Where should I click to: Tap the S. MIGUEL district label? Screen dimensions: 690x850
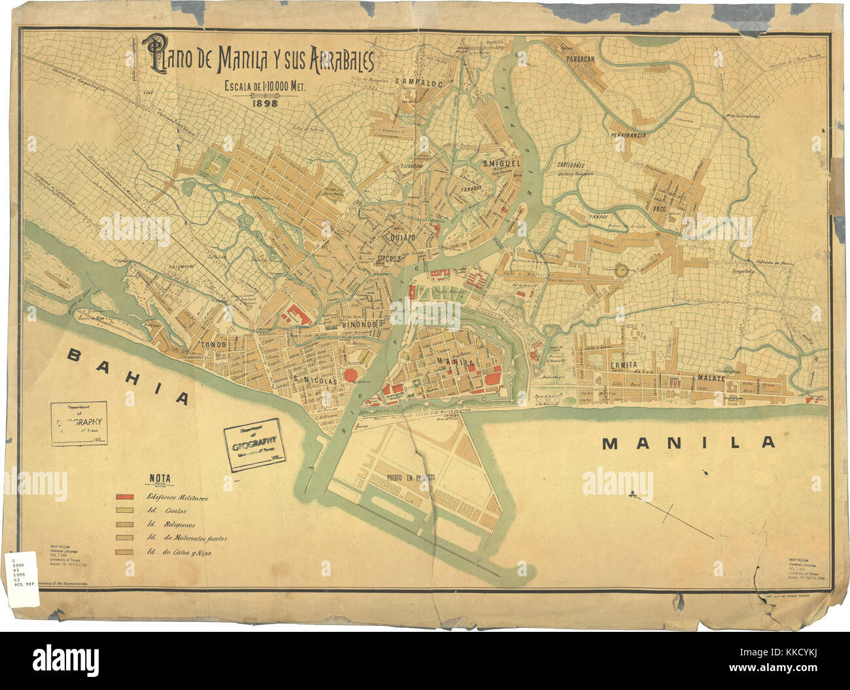click(x=500, y=163)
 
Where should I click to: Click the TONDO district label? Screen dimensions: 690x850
click(x=213, y=344)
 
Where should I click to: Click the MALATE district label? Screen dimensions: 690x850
click(x=711, y=378)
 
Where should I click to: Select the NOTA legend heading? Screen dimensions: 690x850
click(x=160, y=478)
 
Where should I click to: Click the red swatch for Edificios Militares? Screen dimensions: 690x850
click(x=126, y=498)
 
